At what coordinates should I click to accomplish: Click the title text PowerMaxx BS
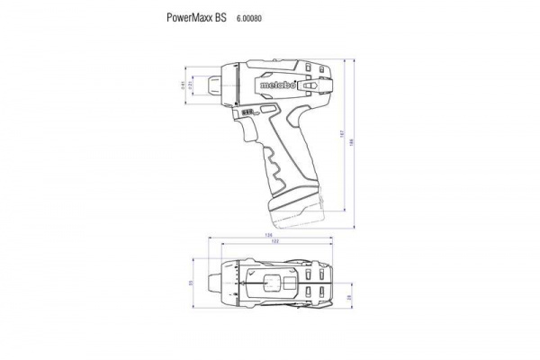click(x=196, y=17)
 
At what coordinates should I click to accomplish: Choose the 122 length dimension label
click(x=274, y=243)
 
